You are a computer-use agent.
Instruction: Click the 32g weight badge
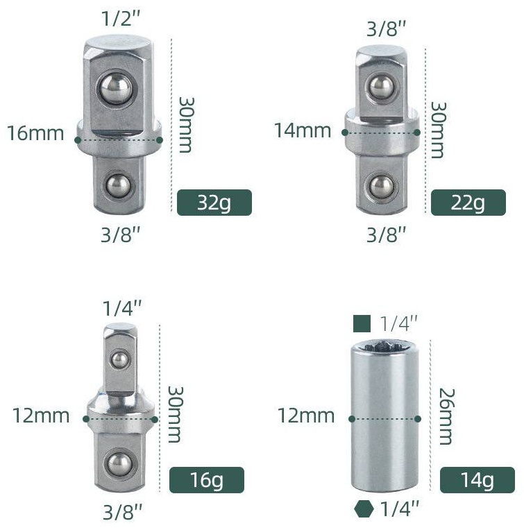214,203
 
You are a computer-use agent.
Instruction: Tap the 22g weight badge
468,203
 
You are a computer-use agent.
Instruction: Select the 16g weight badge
207,479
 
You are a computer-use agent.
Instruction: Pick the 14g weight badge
477,479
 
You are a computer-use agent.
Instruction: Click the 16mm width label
35,133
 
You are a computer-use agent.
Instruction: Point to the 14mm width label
303,130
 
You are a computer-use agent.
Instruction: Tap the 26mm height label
446,416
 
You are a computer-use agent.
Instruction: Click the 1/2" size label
121,19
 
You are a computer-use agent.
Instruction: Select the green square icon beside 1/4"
362,323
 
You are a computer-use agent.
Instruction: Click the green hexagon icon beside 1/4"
364,508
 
